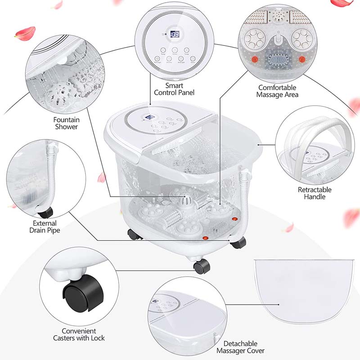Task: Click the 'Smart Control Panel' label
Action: tap(174, 89)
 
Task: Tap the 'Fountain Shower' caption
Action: tap(67, 123)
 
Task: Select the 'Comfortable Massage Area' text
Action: tap(278, 91)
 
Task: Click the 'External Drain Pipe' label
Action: tap(45, 227)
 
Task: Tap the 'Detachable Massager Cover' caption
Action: tap(240, 346)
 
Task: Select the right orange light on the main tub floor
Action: tap(234, 219)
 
